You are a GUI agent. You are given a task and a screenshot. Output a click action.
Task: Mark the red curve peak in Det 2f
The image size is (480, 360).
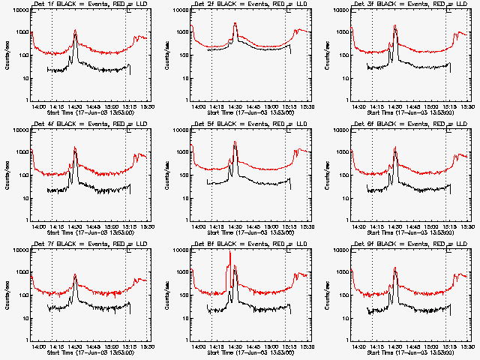click(x=235, y=23)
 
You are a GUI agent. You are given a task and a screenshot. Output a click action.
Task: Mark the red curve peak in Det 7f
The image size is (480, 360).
click(x=75, y=274)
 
